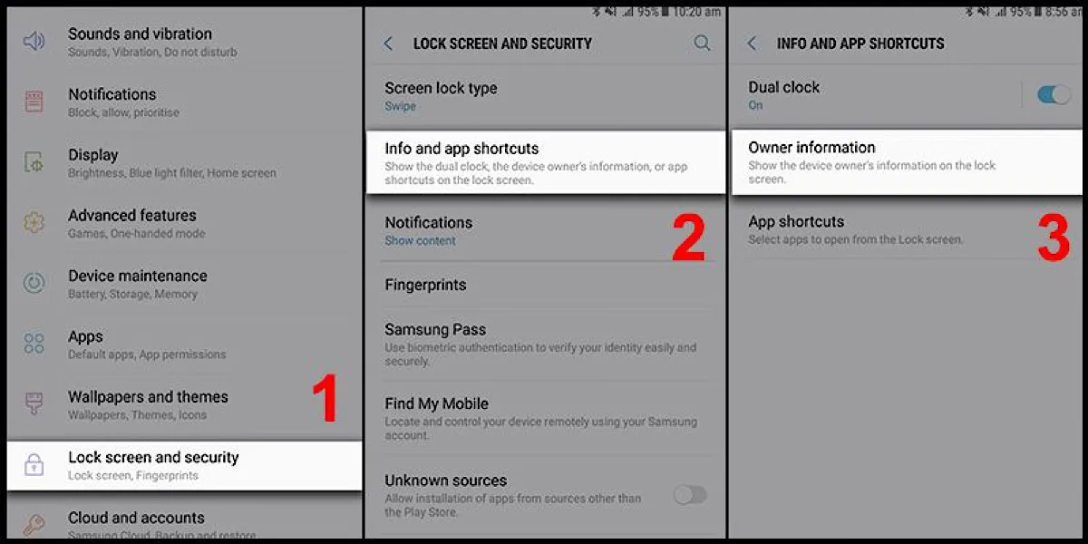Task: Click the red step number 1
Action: coord(325,400)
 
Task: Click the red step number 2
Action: coord(689,238)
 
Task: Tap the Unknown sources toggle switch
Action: coord(690,494)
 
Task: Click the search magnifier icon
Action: coord(702,43)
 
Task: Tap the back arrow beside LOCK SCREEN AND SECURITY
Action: coord(389,44)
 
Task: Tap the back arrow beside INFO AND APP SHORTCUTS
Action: coord(752,44)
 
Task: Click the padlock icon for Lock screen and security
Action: coord(34,465)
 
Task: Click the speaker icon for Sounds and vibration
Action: coord(34,42)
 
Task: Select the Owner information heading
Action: coord(811,148)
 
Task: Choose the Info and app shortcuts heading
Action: coord(461,149)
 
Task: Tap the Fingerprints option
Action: coord(425,285)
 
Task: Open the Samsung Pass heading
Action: coord(435,330)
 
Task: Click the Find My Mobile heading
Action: coord(436,403)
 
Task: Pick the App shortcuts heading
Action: coord(796,222)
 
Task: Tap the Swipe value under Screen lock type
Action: coord(400,106)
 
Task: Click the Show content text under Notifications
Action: coord(420,241)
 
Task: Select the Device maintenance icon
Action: coord(34,283)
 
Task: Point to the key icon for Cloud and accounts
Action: coord(34,525)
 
